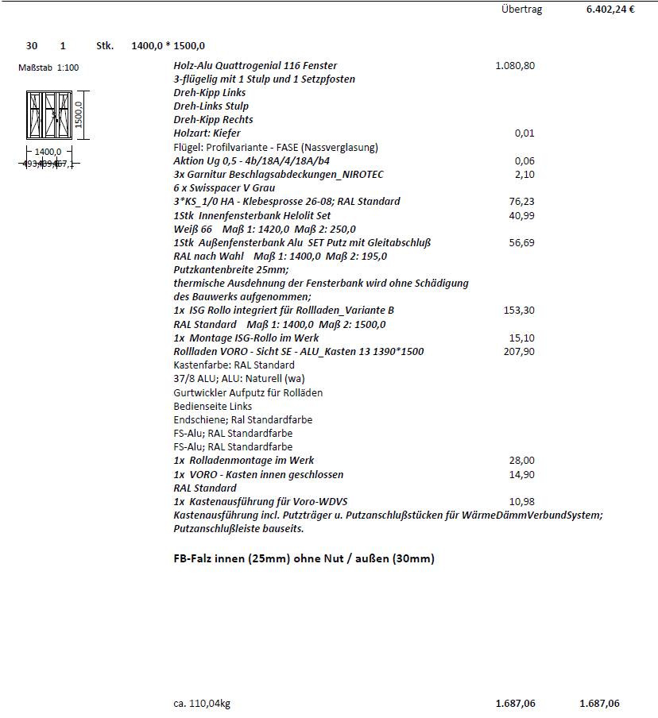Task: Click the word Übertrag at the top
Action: tap(522, 10)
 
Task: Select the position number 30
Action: tap(32, 46)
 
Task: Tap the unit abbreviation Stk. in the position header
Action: tap(105, 46)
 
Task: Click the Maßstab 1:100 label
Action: tap(48, 68)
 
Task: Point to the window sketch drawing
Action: tap(49, 116)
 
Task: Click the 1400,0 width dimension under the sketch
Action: tap(48, 152)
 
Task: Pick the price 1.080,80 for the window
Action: tap(514, 66)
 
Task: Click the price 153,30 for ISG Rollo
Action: tap(520, 310)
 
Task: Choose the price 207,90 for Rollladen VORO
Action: tap(520, 351)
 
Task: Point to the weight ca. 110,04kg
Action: tap(202, 703)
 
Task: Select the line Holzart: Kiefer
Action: tap(207, 133)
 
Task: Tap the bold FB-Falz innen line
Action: tap(304, 558)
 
